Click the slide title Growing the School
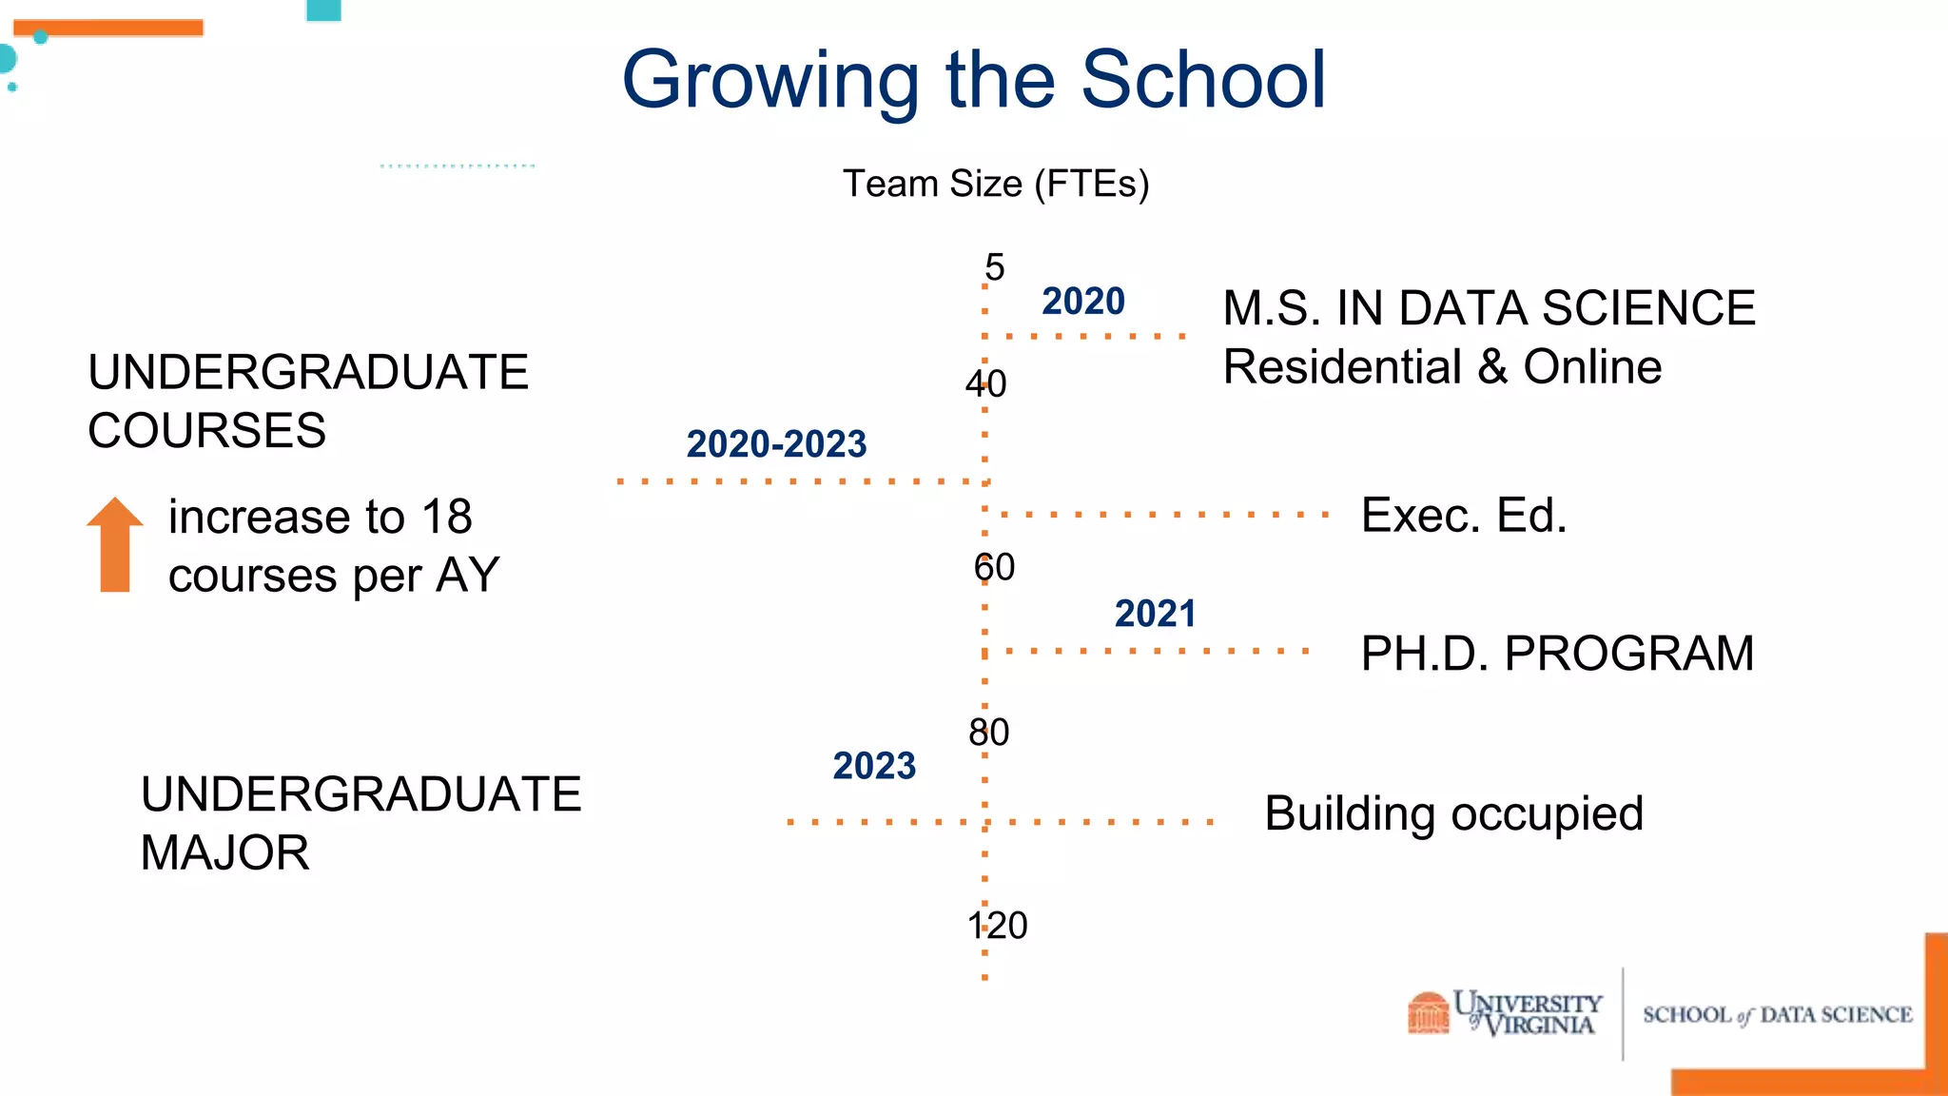[973, 80]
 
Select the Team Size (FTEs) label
[996, 184]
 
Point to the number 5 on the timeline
[994, 267]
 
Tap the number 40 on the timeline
[985, 383]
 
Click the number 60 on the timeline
[994, 567]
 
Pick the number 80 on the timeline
[988, 733]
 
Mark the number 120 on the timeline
[997, 925]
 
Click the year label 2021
[1155, 614]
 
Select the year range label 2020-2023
[776, 444]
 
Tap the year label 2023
[874, 766]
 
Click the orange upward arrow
[115, 544]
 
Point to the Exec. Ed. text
[1463, 516]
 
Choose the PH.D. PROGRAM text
[1557, 654]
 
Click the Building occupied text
[1453, 814]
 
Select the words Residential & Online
[1442, 367]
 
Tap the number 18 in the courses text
[447, 518]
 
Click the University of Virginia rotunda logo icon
[1428, 1012]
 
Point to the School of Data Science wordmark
[1777, 1015]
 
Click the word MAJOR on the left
[224, 852]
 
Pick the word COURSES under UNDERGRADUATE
[206, 431]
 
